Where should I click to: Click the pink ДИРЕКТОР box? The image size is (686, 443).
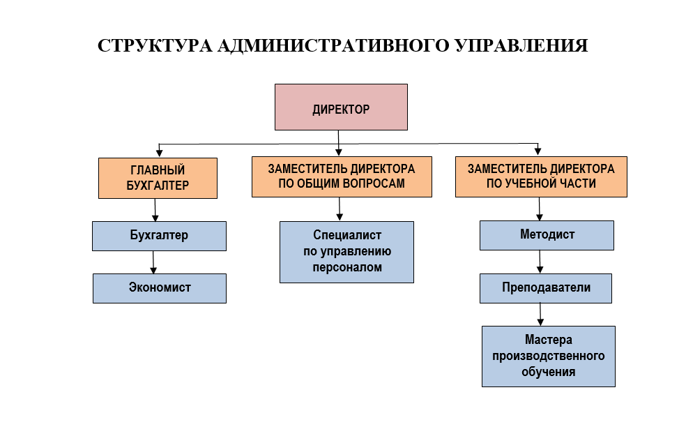(341, 107)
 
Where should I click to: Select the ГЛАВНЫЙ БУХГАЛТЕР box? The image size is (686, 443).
(158, 178)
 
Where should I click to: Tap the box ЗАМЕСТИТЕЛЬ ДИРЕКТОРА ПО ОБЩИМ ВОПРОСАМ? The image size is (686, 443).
(342, 177)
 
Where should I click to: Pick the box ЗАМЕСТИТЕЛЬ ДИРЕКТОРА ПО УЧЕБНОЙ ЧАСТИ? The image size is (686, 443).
(541, 177)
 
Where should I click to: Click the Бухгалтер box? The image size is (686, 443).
(159, 236)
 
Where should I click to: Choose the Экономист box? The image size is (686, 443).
(160, 289)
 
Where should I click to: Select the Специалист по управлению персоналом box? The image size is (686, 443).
(347, 252)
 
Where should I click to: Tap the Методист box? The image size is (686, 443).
(547, 236)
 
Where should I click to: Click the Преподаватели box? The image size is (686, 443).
(546, 289)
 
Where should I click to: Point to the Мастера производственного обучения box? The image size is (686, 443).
(549, 356)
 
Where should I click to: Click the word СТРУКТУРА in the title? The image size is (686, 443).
(155, 45)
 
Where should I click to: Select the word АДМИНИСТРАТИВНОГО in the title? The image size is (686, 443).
(333, 45)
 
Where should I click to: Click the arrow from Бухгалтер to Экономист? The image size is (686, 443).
(153, 262)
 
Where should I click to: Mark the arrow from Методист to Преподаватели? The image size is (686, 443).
(540, 262)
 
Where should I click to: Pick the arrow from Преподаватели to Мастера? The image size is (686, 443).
(540, 315)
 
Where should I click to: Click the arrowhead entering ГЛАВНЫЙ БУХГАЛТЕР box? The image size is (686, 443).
(159, 153)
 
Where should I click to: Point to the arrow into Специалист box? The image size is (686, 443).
(340, 209)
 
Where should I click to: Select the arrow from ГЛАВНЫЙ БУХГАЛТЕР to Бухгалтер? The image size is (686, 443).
(155, 210)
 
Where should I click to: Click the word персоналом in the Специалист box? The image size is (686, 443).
(347, 267)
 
